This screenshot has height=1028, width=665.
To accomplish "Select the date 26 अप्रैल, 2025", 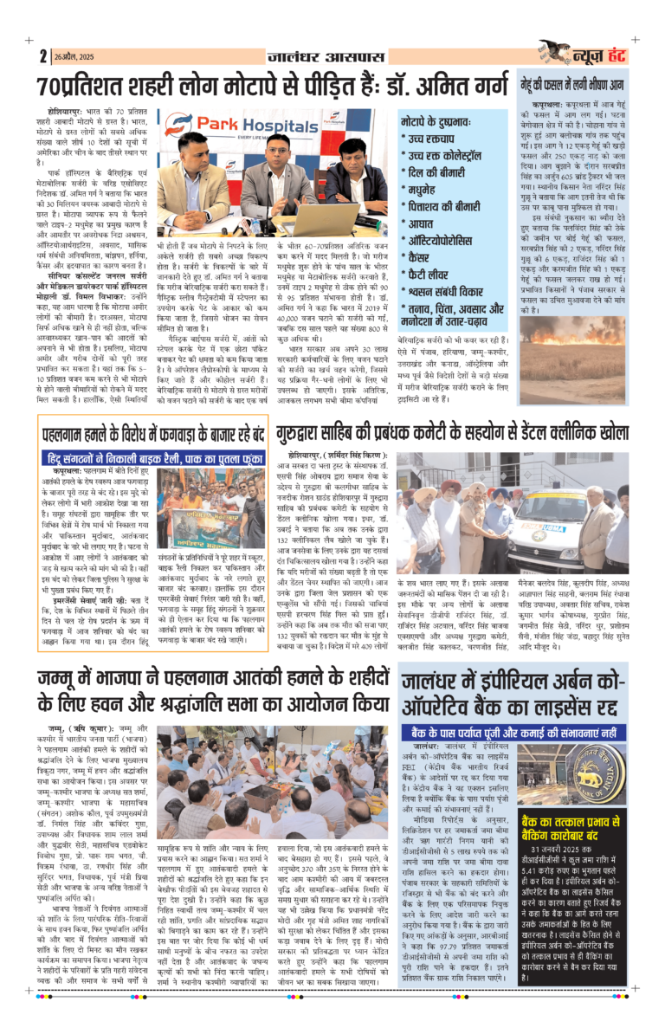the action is click(x=74, y=56).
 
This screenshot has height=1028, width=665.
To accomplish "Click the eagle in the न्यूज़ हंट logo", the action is click(x=555, y=51).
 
